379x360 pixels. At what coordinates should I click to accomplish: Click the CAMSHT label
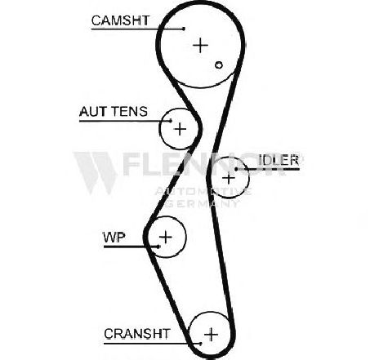click(x=120, y=20)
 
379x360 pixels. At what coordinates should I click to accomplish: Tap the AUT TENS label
click(x=114, y=112)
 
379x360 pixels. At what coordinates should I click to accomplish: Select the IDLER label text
click(x=279, y=160)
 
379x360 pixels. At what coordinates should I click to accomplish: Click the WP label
click(x=114, y=238)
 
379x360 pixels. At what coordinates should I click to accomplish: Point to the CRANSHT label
click(x=137, y=334)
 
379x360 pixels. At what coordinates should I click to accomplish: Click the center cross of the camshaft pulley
click(x=200, y=45)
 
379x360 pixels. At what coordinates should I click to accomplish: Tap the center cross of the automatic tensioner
click(x=180, y=129)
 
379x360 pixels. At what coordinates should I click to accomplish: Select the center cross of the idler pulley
click(x=229, y=178)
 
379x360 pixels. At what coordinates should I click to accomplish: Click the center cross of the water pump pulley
click(x=166, y=237)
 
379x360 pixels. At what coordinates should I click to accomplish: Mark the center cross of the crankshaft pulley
click(x=212, y=334)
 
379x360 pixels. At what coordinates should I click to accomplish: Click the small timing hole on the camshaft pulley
click(x=219, y=65)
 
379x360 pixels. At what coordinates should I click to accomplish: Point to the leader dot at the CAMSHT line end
click(x=184, y=29)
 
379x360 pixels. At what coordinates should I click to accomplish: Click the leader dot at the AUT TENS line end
click(x=171, y=121)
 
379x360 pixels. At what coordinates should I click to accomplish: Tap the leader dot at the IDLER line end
click(x=236, y=169)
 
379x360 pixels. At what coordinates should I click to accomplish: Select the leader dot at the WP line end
click(x=158, y=247)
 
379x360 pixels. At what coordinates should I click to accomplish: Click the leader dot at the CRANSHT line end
click(x=201, y=344)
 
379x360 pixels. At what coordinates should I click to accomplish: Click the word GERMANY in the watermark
click(x=202, y=203)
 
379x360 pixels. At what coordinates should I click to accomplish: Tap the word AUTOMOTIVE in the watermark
click(x=203, y=192)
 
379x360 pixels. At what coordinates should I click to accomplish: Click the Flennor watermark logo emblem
click(x=96, y=173)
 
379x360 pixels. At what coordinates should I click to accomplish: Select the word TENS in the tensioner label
click(x=130, y=112)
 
